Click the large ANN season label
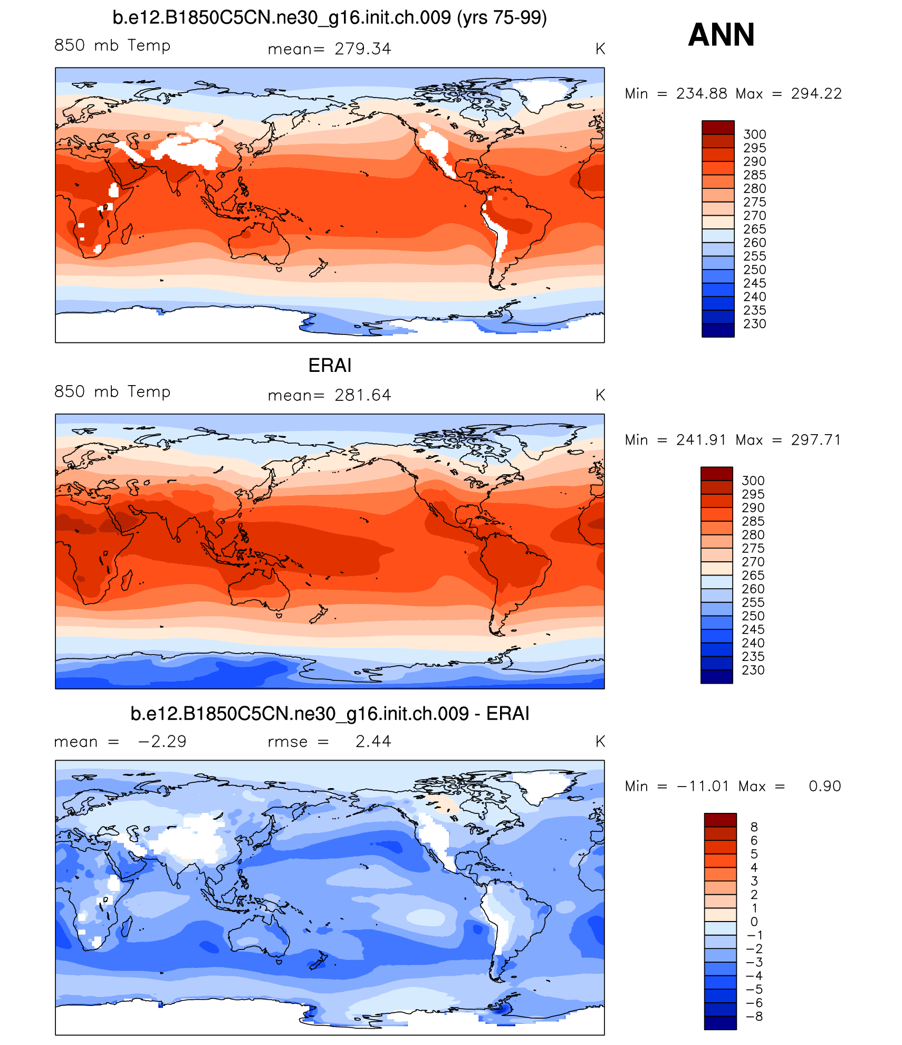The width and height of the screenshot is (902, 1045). click(x=721, y=35)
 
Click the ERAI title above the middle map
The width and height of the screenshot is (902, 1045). click(x=330, y=366)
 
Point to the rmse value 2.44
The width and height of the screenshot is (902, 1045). click(x=373, y=742)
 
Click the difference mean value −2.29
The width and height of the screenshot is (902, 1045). click(x=162, y=742)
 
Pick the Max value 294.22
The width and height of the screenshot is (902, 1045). click(x=816, y=94)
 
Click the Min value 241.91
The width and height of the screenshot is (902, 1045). click(x=701, y=440)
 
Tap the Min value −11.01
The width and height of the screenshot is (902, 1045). click(x=703, y=787)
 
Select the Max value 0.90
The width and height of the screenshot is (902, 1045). click(x=824, y=787)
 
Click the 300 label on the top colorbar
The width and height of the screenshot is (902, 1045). click(x=754, y=135)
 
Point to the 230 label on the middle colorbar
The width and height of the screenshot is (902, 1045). click(x=753, y=670)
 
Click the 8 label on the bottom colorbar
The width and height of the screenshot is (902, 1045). click(x=754, y=827)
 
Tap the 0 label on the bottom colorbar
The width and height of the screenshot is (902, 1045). click(x=754, y=922)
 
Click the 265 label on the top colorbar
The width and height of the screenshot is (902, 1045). click(x=754, y=229)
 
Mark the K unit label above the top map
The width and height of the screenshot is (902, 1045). click(x=600, y=49)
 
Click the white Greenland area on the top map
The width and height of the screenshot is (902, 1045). click(x=543, y=92)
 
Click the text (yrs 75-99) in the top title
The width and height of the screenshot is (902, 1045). click(x=502, y=18)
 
